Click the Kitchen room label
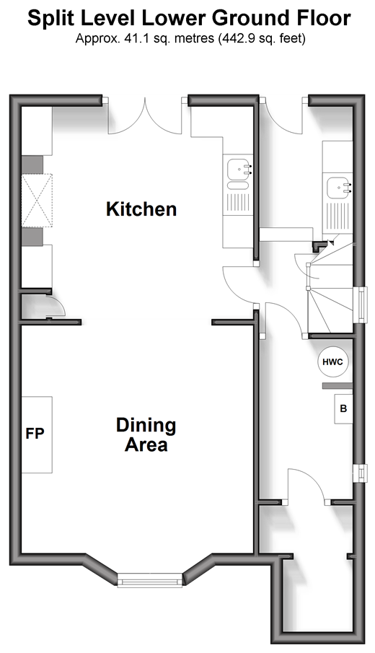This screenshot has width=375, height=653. point(141,209)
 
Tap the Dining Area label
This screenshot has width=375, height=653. point(146,435)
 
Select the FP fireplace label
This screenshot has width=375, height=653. point(35,434)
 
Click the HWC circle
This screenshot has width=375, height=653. point(333,362)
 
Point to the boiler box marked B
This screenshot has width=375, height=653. point(343,408)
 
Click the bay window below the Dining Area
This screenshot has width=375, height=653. point(150,579)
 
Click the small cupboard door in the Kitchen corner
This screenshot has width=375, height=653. point(55,307)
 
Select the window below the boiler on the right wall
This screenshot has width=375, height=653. point(361,473)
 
